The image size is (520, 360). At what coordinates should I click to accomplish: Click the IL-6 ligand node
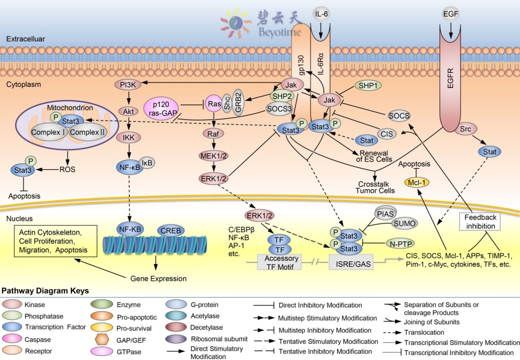pos(321,14)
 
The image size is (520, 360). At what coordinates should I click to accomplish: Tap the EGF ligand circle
pos(451,14)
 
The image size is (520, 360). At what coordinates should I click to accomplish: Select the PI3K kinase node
pos(126,85)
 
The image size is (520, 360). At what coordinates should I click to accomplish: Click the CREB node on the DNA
pos(171,230)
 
